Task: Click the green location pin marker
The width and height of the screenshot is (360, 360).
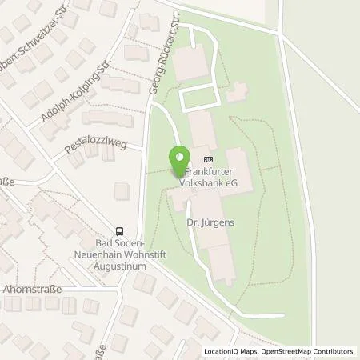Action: pyautogui.click(x=178, y=162)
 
